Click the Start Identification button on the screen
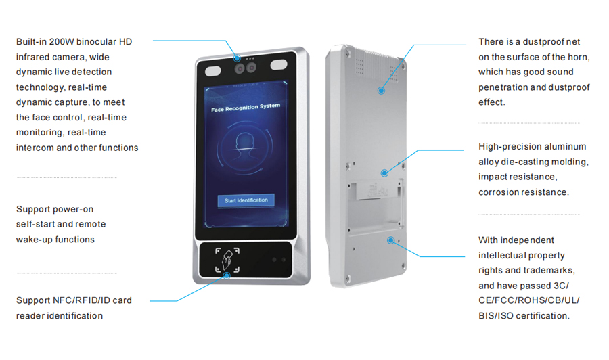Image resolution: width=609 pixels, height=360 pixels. [246, 200]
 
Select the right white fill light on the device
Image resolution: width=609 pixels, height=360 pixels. [279, 66]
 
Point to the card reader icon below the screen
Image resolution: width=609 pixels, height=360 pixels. [227, 260]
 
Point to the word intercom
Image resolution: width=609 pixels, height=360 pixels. [35, 148]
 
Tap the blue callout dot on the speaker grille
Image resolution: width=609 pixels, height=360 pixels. [381, 89]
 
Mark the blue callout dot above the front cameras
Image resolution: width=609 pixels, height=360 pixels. [238, 58]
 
